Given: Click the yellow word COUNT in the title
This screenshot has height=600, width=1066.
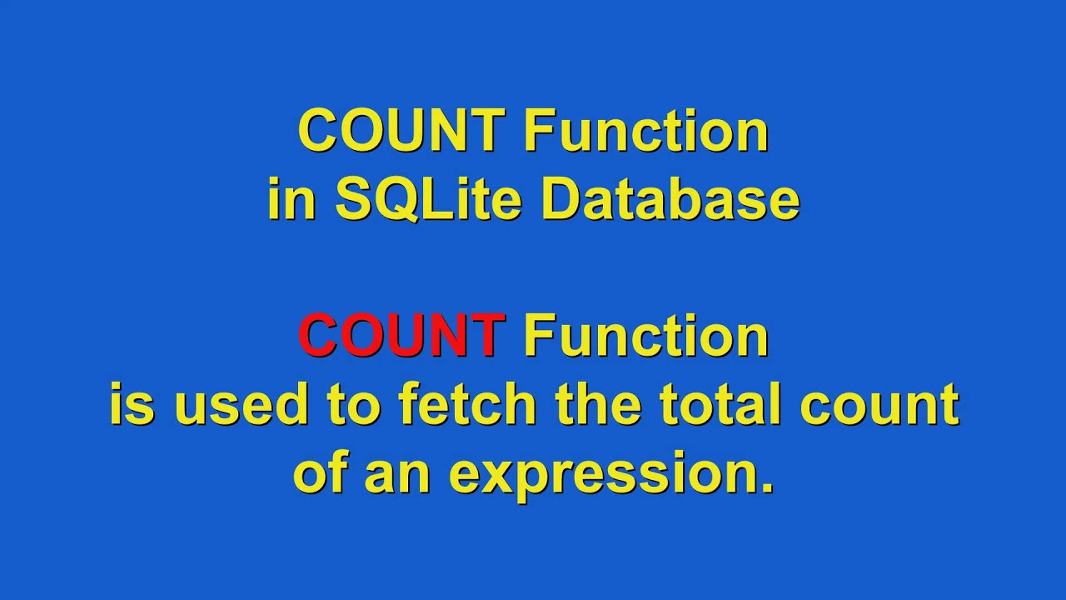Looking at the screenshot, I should pyautogui.click(x=401, y=132).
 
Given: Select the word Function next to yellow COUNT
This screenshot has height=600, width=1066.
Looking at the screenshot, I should pyautogui.click(x=645, y=132).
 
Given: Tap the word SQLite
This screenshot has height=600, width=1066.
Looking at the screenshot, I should pyautogui.click(x=428, y=200).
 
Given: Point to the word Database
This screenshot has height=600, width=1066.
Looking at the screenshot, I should pyautogui.click(x=670, y=200).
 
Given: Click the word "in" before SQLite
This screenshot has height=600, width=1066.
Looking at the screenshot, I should pyautogui.click(x=291, y=200).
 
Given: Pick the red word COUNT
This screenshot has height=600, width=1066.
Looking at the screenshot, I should pyautogui.click(x=401, y=336).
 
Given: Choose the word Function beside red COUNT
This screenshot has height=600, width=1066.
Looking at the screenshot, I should pyautogui.click(x=645, y=336).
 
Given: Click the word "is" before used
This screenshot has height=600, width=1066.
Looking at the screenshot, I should pyautogui.click(x=132, y=405).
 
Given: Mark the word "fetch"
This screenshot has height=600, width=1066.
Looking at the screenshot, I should pyautogui.click(x=467, y=405).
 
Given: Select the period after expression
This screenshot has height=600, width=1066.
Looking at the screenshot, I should pyautogui.click(x=766, y=488).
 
